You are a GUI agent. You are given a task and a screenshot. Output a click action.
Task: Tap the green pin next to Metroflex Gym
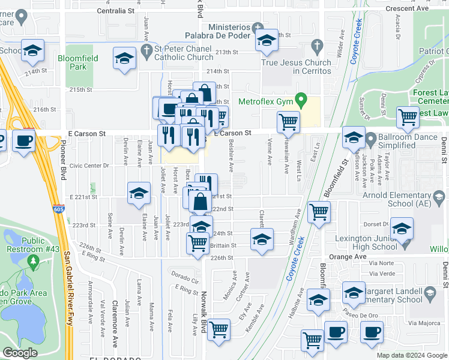pyautogui.click(x=303, y=101)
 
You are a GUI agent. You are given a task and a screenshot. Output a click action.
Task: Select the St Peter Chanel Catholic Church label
pyautogui.click(x=184, y=53)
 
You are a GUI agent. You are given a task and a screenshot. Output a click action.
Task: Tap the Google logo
pyautogui.click(x=19, y=353)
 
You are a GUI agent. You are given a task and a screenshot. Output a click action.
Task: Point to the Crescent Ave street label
pyautogui.click(x=408, y=8)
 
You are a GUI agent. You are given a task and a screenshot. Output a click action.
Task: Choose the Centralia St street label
pyautogui.click(x=115, y=11)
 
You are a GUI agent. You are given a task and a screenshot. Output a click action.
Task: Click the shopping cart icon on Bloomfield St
pyautogui.click(x=319, y=211)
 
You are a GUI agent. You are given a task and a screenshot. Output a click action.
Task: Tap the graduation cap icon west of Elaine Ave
pyautogui.click(x=139, y=193)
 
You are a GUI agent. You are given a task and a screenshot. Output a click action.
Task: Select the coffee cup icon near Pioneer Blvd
pyautogui.click(x=23, y=141)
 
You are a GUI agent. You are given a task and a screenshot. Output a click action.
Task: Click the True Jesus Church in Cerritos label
pyautogui.click(x=296, y=67)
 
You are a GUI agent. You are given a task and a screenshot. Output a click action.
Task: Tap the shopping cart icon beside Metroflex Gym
pyautogui.click(x=288, y=122)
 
